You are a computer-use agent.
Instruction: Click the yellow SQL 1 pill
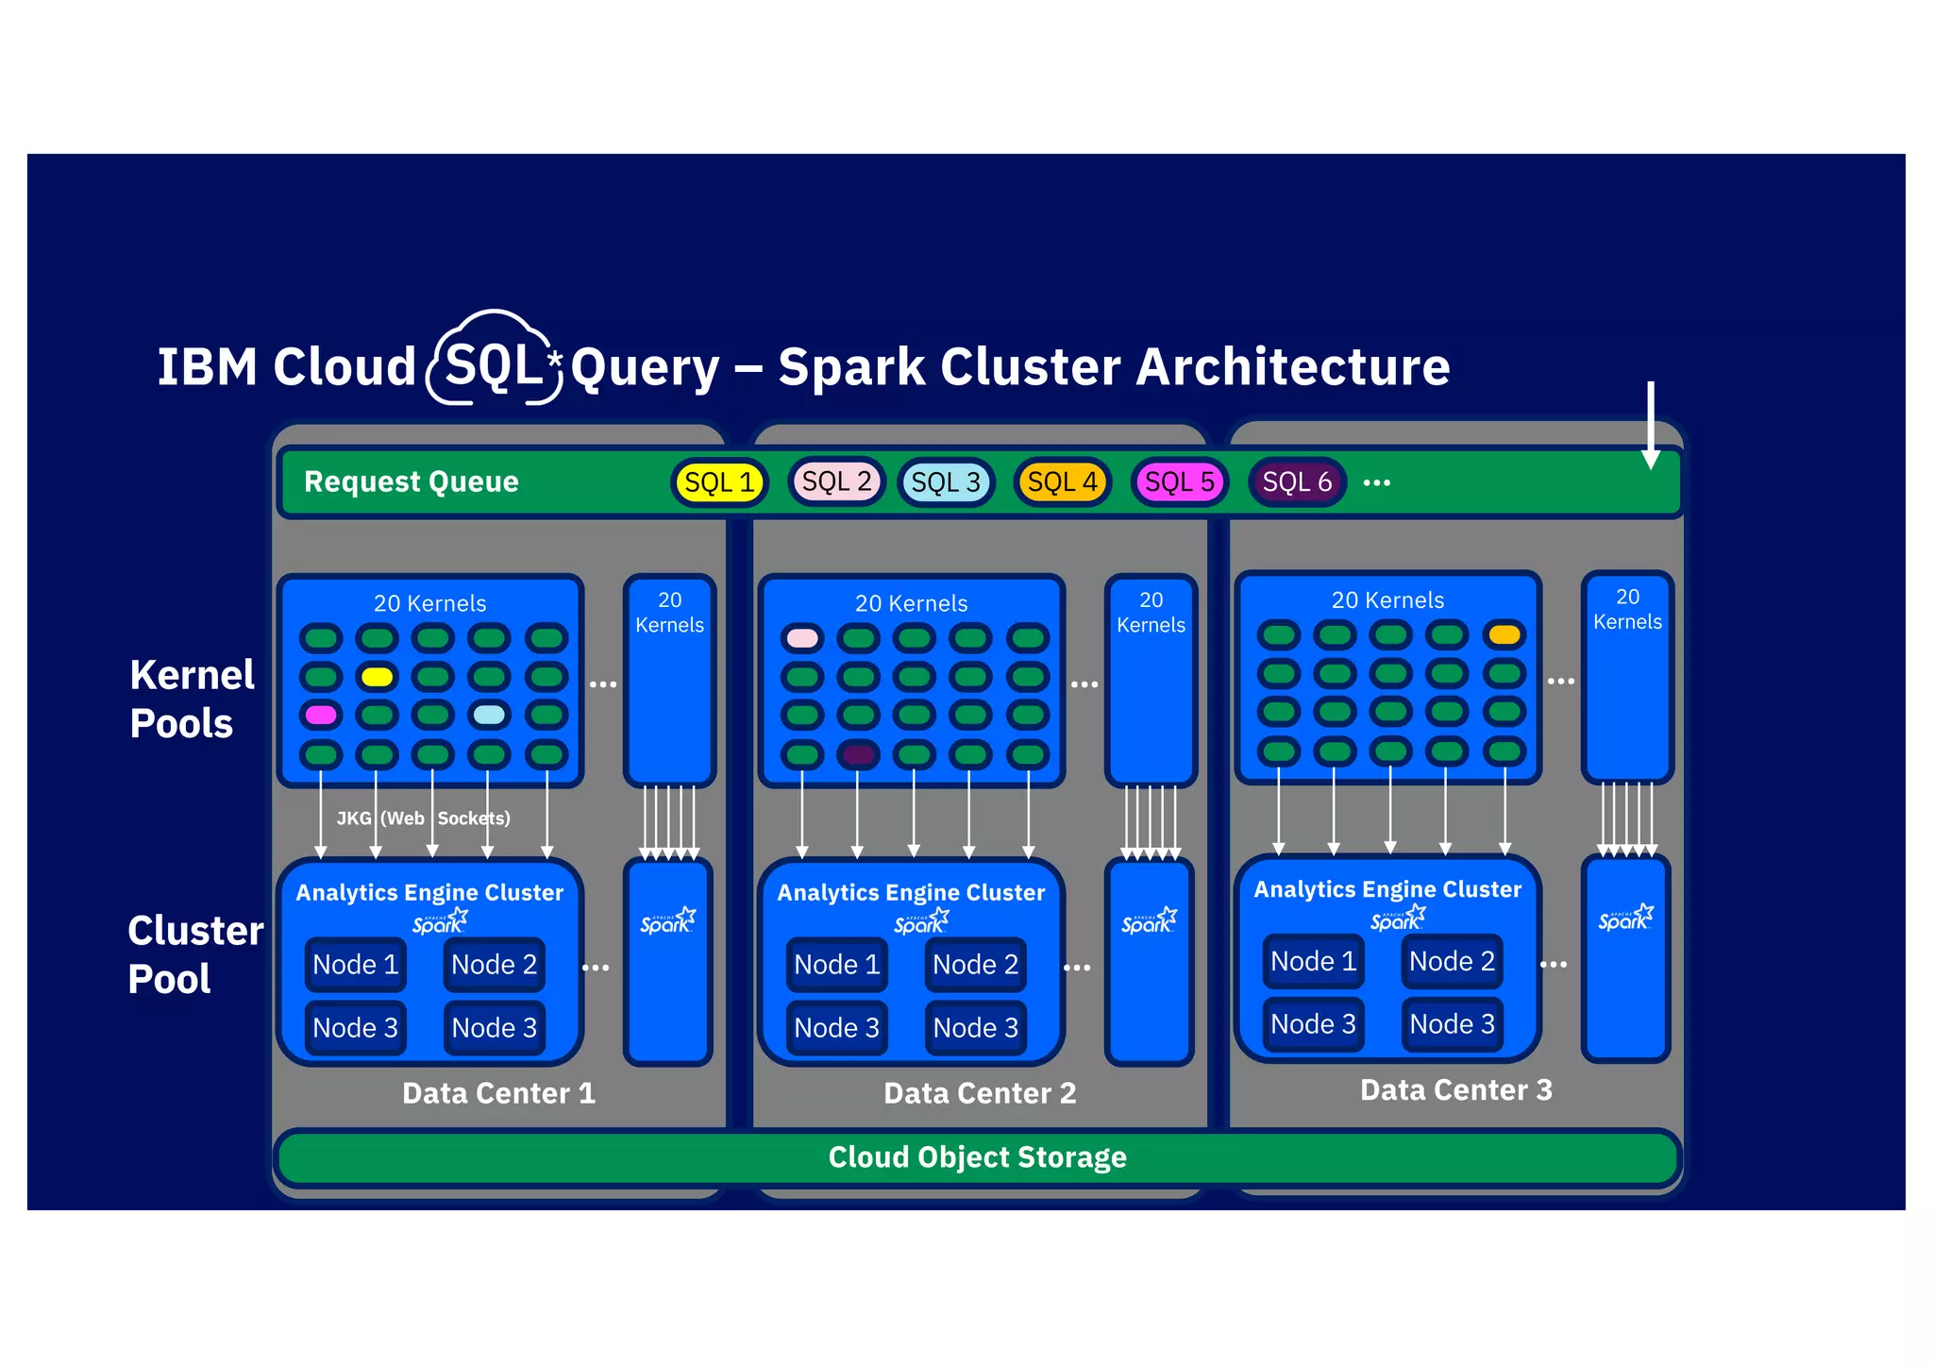(719, 482)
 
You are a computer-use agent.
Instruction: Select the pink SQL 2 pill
(836, 481)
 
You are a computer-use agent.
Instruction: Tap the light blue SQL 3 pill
(946, 482)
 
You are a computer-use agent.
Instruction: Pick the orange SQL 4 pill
(1062, 482)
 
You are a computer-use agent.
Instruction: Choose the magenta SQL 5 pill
(1179, 482)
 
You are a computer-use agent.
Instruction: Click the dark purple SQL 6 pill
(1297, 482)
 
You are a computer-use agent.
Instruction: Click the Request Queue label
(412, 481)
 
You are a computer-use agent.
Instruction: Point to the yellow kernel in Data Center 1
(377, 677)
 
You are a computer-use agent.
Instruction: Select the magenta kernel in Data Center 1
(321, 715)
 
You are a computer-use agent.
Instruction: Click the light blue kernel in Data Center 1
(489, 715)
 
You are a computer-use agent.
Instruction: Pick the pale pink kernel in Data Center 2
(802, 638)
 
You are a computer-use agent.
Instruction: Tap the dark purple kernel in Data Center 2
(858, 754)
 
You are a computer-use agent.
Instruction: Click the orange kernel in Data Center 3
(1504, 634)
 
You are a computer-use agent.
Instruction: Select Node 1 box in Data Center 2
(836, 965)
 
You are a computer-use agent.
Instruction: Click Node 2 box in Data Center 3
(1452, 961)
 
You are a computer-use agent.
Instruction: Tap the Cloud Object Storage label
(977, 1156)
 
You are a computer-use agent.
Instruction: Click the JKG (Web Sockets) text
(423, 818)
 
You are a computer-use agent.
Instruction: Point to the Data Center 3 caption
(1455, 1090)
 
